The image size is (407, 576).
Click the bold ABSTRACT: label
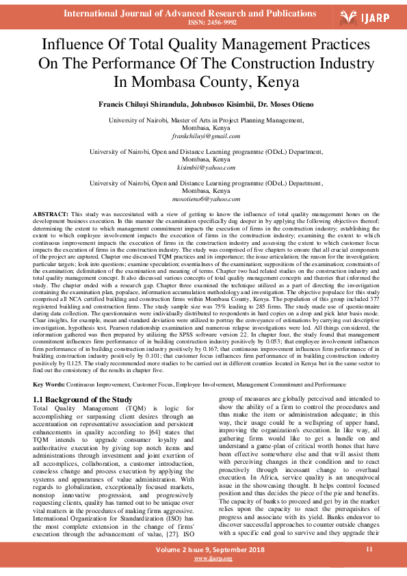point(51,215)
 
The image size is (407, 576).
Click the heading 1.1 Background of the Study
point(83,400)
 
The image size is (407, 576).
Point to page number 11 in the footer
point(369,549)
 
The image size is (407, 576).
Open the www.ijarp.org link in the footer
point(213,559)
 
